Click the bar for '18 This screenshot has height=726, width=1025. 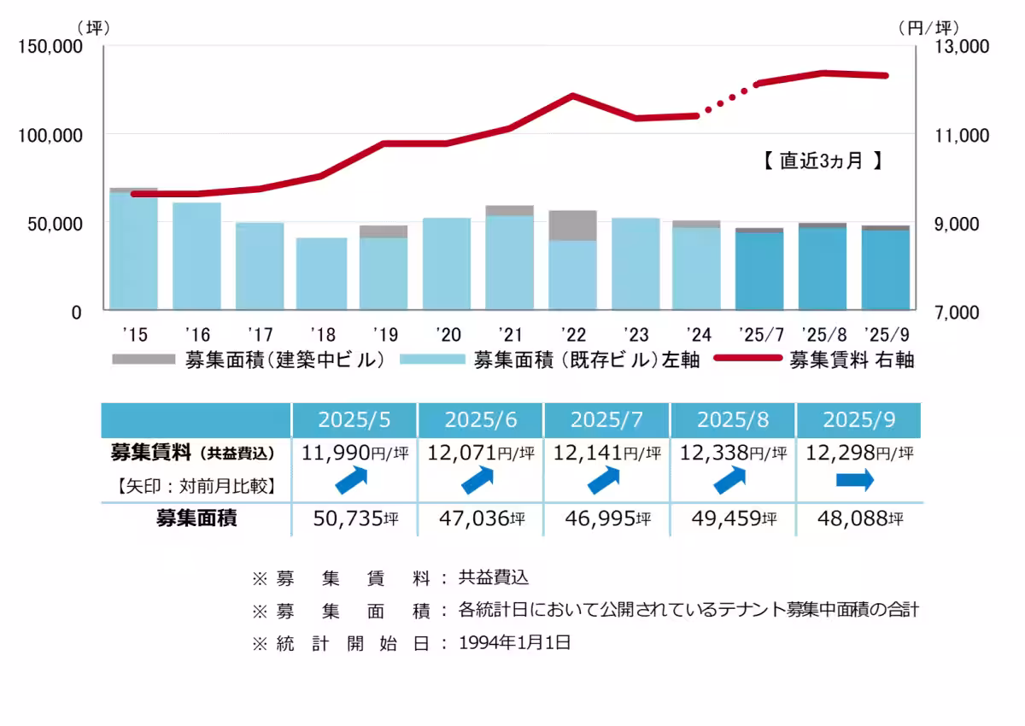pos(321,273)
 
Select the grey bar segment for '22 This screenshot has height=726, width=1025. pos(572,225)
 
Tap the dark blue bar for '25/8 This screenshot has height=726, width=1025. pos(823,268)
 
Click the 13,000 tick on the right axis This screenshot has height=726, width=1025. pos(963,46)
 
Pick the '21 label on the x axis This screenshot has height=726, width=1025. pos(510,333)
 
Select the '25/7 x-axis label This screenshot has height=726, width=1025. pos(759,333)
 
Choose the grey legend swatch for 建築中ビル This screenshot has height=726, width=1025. pos(143,360)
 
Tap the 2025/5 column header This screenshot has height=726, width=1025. pos(354,420)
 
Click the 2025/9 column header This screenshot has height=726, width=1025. pos(858,420)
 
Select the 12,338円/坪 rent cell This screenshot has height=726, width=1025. pos(733,453)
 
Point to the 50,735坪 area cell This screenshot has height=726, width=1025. pos(354,518)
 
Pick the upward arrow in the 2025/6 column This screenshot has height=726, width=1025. pos(479,482)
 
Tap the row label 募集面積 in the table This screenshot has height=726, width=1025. pos(196,518)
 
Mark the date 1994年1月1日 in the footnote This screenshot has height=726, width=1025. pos(514,643)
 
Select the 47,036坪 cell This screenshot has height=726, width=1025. pos(481,518)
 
